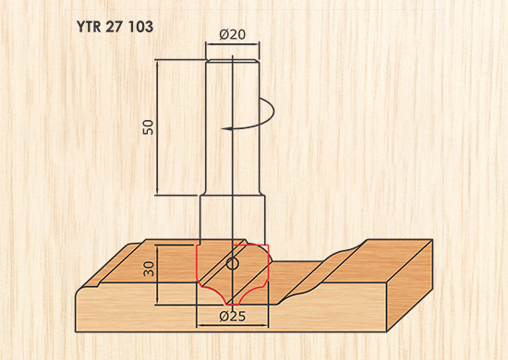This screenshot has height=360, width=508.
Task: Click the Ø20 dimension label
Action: pyautogui.click(x=232, y=35)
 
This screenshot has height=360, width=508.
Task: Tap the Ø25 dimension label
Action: pyautogui.click(x=232, y=316)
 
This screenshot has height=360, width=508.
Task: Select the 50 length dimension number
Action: pyautogui.click(x=149, y=127)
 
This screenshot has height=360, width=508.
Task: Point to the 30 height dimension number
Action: pyautogui.click(x=149, y=269)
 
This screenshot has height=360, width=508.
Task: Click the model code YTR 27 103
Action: pyautogui.click(x=115, y=27)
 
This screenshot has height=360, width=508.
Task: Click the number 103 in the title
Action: pyautogui.click(x=140, y=27)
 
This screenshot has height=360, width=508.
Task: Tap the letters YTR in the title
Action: pyautogui.click(x=89, y=27)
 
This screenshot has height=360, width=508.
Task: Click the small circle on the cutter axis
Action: pyautogui.click(x=232, y=264)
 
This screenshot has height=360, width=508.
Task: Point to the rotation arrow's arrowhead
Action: pyautogui.click(x=226, y=129)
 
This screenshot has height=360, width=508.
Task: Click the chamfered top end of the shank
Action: pyautogui.click(x=232, y=61)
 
